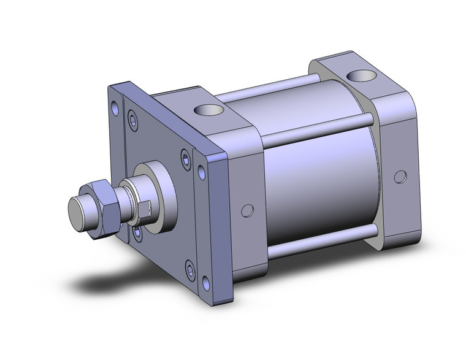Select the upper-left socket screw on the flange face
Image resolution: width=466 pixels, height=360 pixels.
[x=132, y=121]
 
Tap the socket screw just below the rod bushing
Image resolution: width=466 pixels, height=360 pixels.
[x=137, y=232]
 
